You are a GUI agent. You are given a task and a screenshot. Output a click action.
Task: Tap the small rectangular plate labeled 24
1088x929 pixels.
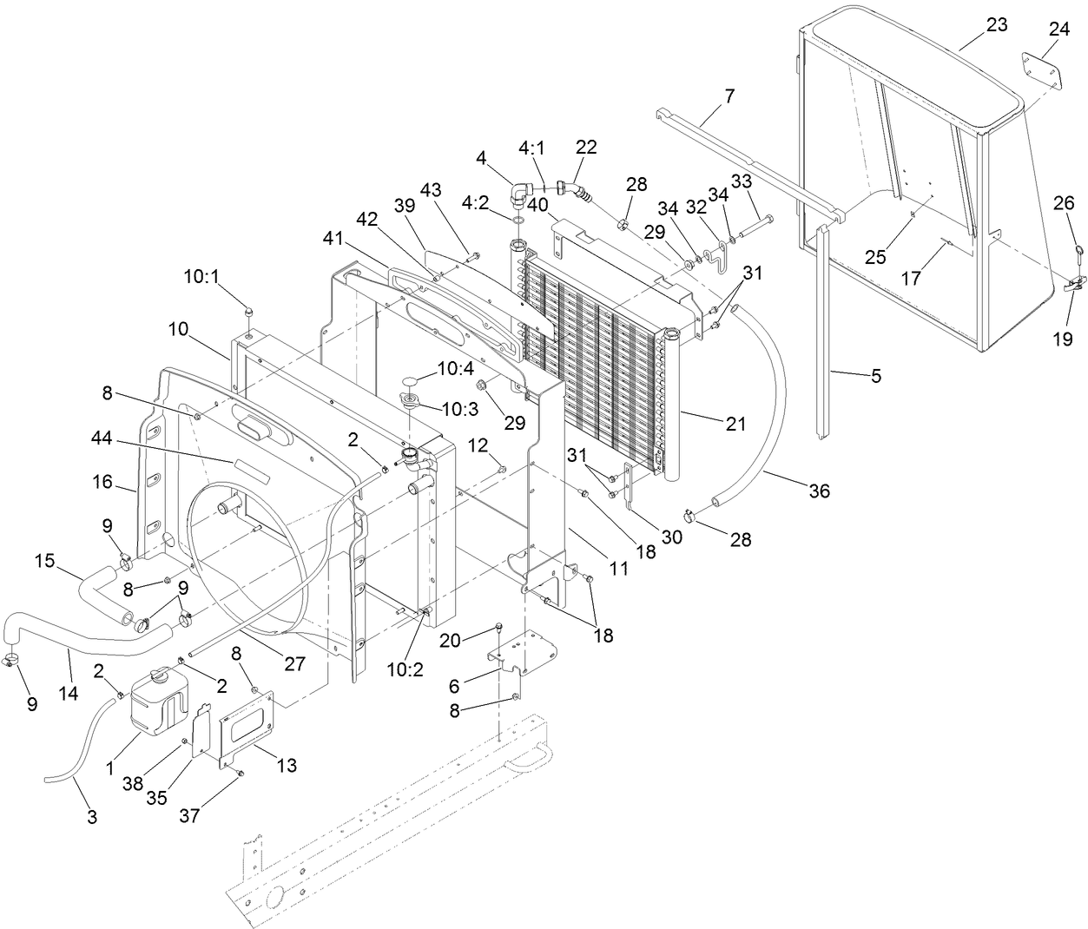pos(1040,69)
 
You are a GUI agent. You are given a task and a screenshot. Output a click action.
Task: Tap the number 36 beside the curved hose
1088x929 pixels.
pos(819,491)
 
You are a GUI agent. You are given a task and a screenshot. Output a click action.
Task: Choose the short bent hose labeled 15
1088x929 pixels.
pos(100,588)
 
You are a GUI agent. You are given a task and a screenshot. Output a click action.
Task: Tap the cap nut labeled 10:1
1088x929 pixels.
pos(249,313)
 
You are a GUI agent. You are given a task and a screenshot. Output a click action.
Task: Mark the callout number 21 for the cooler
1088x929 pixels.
pos(735,423)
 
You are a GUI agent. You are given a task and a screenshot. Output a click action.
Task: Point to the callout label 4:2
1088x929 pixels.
pos(475,203)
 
